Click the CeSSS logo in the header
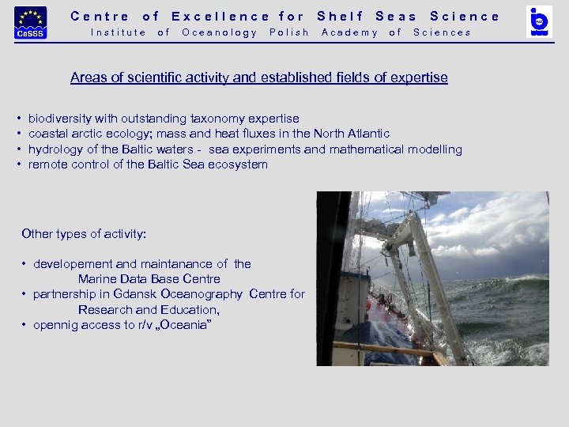(31, 22)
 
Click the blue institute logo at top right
(540, 21)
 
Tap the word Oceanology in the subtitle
(220, 32)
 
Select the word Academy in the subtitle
(349, 32)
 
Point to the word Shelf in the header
(341, 16)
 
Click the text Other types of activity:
(84, 234)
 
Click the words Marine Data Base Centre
(149, 279)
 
